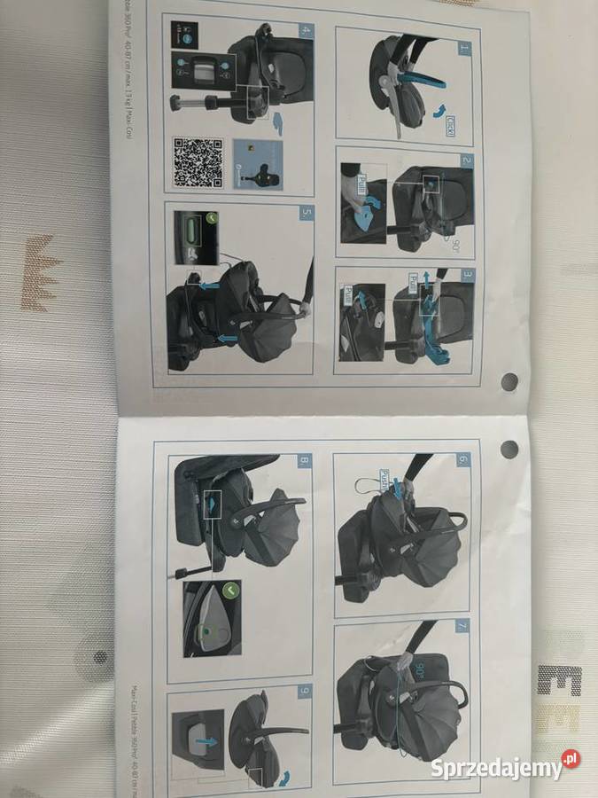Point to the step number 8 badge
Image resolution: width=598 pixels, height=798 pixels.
click(x=304, y=461)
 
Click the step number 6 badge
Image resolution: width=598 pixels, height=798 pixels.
click(x=462, y=461)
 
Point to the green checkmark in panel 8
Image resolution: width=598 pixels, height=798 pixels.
click(x=232, y=589)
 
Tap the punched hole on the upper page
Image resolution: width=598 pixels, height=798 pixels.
click(x=509, y=381)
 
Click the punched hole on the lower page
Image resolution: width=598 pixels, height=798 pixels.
click(x=509, y=448)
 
